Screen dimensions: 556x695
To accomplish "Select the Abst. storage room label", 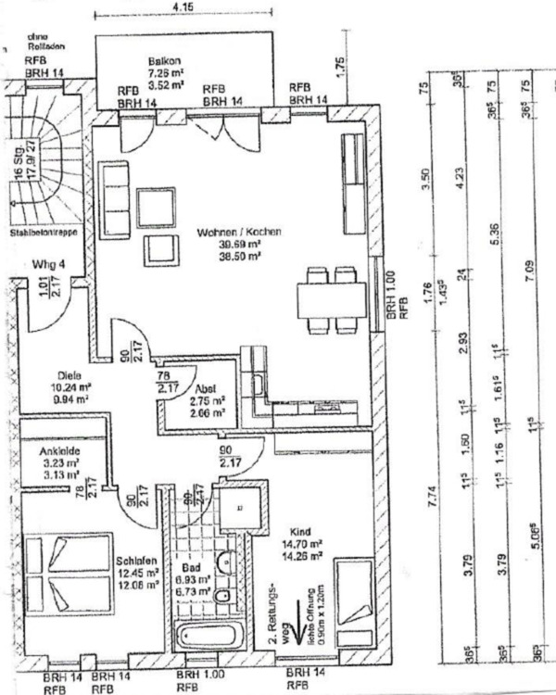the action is (x=205, y=389).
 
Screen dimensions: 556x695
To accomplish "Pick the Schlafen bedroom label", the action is (x=135, y=561).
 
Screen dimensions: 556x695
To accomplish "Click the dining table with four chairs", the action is (x=331, y=299).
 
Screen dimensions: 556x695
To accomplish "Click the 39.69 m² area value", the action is (x=237, y=244).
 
